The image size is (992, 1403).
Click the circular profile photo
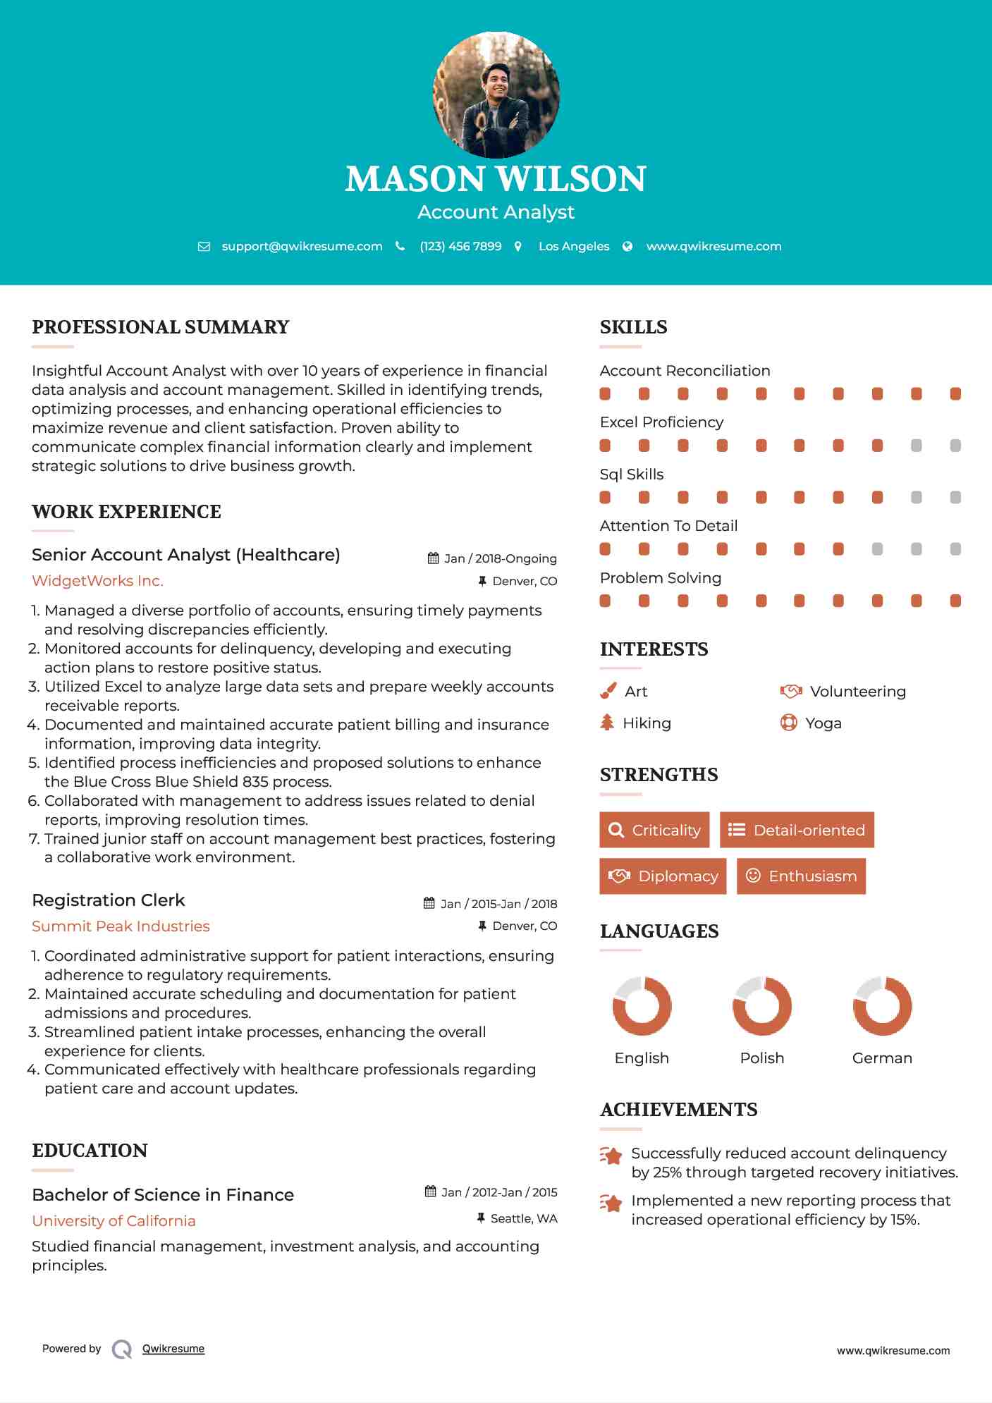click(x=496, y=94)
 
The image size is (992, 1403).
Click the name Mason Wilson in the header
click(x=496, y=179)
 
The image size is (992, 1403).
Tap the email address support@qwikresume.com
click(x=302, y=247)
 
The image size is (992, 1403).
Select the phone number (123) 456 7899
click(x=460, y=247)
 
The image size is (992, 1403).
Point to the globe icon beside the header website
click(x=627, y=247)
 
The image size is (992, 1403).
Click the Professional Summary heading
click(x=161, y=327)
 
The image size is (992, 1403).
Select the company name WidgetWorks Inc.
click(x=97, y=581)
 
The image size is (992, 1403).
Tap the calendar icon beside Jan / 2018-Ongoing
click(x=433, y=558)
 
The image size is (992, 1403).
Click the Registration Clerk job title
click(x=109, y=900)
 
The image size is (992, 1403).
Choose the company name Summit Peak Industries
click(x=121, y=926)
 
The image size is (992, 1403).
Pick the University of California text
click(x=114, y=1221)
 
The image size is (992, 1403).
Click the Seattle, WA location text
click(x=524, y=1219)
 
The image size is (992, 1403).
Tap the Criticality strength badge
click(x=654, y=830)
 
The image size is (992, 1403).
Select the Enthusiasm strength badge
click(x=801, y=876)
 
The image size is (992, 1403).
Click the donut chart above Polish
click(x=762, y=1006)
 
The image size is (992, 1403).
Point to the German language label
click(x=882, y=1058)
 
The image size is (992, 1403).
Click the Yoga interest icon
click(x=788, y=723)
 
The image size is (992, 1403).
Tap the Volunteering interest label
click(x=857, y=692)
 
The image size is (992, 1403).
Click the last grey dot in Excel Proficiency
click(x=955, y=446)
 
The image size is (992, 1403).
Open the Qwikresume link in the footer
click(x=173, y=1349)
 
